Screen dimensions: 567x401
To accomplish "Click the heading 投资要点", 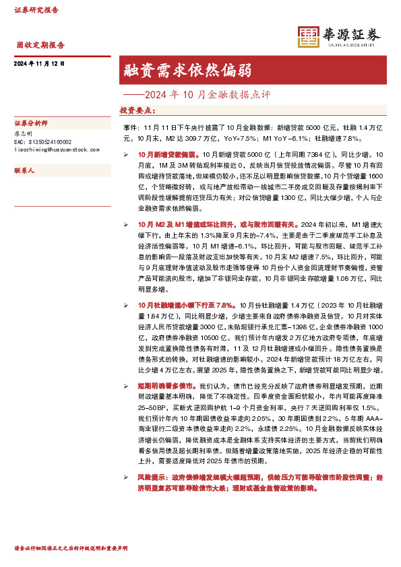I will pos(137,109).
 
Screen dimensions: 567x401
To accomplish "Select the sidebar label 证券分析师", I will pos(29,125).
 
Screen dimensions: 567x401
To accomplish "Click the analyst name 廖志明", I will pos(24,134).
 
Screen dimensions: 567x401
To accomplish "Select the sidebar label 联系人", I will pos(24,171).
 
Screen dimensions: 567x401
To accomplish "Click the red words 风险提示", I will pos(150,476).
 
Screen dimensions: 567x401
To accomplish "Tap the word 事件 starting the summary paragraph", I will pos(131,126).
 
